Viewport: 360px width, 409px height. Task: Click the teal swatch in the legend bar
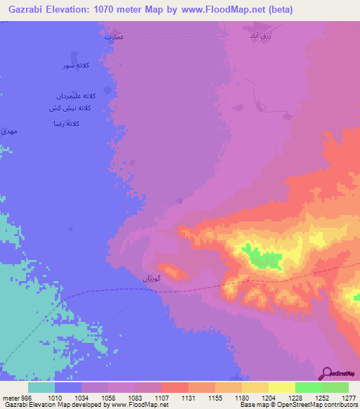(x=41, y=387)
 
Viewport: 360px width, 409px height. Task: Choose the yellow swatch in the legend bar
(x=281, y=387)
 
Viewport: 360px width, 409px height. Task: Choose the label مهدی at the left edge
(x=8, y=131)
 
